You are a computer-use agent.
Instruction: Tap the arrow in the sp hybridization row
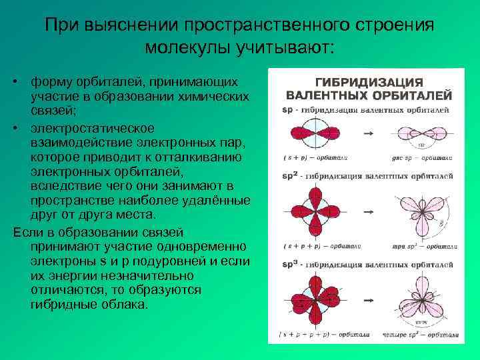click(x=367, y=135)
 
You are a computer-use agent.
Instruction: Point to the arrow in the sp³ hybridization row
click(x=367, y=296)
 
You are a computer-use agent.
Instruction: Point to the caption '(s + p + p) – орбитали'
click(x=312, y=246)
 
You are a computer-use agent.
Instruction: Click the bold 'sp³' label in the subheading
click(x=290, y=265)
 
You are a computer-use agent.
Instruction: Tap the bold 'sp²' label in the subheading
click(x=290, y=176)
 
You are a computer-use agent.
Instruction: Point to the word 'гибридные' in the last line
click(x=64, y=304)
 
